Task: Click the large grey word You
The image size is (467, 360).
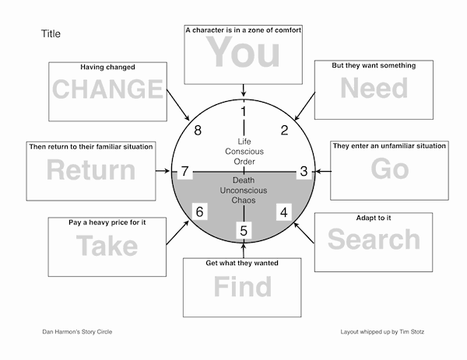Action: tap(243, 52)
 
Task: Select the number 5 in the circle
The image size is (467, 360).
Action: tap(244, 231)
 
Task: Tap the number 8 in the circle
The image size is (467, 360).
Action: tap(198, 131)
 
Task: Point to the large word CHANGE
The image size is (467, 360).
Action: tap(107, 89)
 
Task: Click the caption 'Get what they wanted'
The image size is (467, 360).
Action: tap(242, 263)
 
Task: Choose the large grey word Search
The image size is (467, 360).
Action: tap(374, 239)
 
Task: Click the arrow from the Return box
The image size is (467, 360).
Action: tap(163, 171)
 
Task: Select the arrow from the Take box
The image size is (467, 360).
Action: tap(177, 232)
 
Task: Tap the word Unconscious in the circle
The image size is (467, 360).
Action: tap(244, 190)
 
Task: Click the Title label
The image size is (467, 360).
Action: tap(51, 33)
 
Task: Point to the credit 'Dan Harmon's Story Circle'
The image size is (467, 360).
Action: tap(77, 332)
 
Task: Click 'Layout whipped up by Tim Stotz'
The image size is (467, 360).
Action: tap(382, 332)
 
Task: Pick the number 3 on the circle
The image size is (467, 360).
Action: tap(304, 171)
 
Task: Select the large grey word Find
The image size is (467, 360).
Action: tap(242, 286)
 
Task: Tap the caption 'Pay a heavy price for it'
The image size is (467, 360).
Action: tap(107, 222)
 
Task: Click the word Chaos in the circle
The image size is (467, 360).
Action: tap(244, 201)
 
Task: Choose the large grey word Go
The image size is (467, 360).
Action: tap(390, 169)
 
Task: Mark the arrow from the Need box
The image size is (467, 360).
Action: tap(304, 107)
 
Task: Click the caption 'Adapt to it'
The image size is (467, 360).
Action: tap(374, 218)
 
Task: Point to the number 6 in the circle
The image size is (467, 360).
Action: tap(199, 211)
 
